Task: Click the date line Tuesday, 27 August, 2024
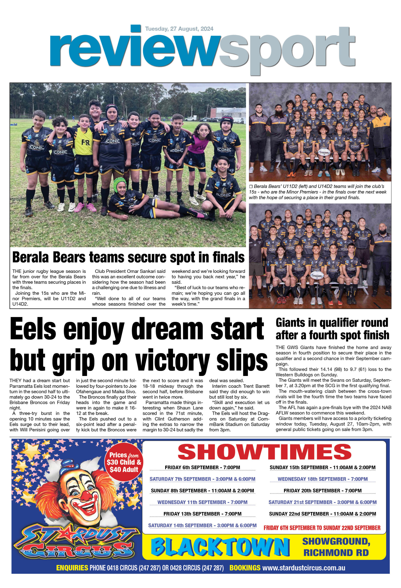[x=179, y=29]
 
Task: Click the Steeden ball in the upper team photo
[x=324, y=153]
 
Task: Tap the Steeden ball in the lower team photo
[x=316, y=276]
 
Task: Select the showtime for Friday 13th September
[x=202, y=514]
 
